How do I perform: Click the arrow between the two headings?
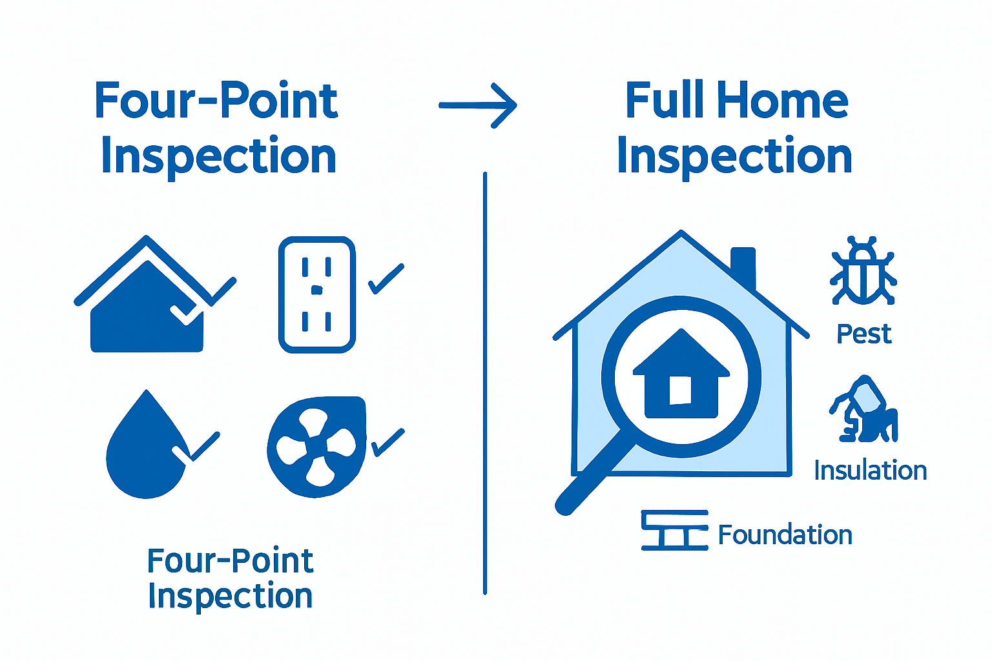click(x=478, y=105)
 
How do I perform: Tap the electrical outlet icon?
click(x=316, y=294)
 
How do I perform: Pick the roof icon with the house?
click(x=147, y=303)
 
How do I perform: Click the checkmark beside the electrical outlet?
click(x=386, y=279)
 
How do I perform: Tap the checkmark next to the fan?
click(x=387, y=443)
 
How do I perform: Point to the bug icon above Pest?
click(x=863, y=271)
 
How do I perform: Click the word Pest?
click(x=863, y=334)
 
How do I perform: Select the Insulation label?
click(x=870, y=471)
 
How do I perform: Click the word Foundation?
click(x=785, y=535)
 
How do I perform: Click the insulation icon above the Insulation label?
click(x=864, y=409)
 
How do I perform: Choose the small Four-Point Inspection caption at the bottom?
click(x=230, y=578)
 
